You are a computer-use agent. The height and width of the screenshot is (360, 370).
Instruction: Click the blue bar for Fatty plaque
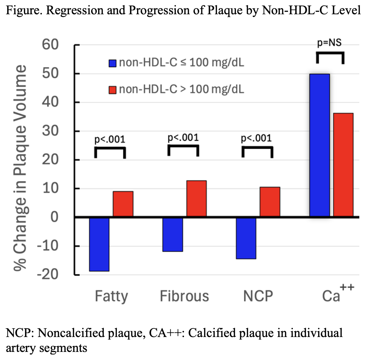99,244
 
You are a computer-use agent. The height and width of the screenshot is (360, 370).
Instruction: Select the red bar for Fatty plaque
123,204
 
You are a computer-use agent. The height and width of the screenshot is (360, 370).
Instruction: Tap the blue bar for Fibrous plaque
173,234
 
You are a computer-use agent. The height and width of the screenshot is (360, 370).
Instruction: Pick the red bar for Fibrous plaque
196,198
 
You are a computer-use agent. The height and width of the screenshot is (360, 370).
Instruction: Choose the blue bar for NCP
246,238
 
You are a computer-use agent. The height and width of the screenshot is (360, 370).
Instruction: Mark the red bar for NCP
270,202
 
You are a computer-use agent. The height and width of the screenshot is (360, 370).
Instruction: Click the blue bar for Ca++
319,145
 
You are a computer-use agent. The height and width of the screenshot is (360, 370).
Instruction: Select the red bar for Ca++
343,165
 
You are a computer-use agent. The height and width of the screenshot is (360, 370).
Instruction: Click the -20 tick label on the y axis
47,274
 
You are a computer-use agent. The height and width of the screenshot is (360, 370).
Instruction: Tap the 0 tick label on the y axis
55,217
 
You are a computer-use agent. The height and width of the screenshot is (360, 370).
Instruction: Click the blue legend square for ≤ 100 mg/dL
112,63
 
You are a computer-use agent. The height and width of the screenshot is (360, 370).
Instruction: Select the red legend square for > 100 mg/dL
112,89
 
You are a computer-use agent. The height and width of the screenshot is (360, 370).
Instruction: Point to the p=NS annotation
330,43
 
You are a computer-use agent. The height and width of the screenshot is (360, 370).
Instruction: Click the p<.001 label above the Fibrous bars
183,138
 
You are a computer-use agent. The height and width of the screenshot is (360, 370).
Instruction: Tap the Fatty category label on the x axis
111,296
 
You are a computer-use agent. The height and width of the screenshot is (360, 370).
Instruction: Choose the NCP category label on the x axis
258,296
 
